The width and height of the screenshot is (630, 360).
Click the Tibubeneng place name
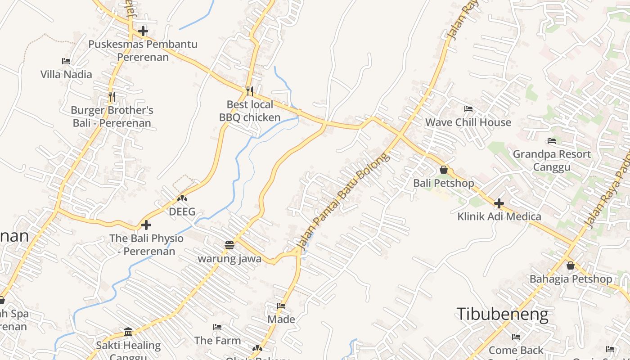[x=502, y=314]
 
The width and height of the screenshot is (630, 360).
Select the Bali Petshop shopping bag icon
[x=444, y=170]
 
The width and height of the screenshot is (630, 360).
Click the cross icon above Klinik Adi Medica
[x=499, y=203]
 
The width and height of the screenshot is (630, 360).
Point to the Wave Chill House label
[x=468, y=122]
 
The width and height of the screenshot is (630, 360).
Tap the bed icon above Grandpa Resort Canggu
[x=551, y=141]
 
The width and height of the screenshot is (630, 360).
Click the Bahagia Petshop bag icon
[x=571, y=265]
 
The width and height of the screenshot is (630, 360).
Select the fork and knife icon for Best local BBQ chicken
[x=250, y=91]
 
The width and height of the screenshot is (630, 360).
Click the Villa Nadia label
[x=66, y=74]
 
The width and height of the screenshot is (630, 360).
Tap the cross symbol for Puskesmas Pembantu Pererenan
[x=143, y=31]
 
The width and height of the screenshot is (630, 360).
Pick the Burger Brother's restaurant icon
[x=112, y=96]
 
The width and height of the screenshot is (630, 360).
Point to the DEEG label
[x=182, y=211]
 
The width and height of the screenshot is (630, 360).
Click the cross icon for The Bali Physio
[x=146, y=225]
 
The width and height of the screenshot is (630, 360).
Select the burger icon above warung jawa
[x=229, y=245]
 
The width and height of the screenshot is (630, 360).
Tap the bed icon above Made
[x=281, y=306]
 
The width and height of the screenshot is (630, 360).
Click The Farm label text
[x=217, y=341]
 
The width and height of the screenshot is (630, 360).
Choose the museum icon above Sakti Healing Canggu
[x=128, y=332]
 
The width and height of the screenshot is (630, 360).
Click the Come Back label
[x=516, y=350]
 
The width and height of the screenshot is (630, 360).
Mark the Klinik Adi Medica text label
[x=499, y=216]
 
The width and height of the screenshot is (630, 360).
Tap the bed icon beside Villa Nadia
[x=66, y=61]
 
